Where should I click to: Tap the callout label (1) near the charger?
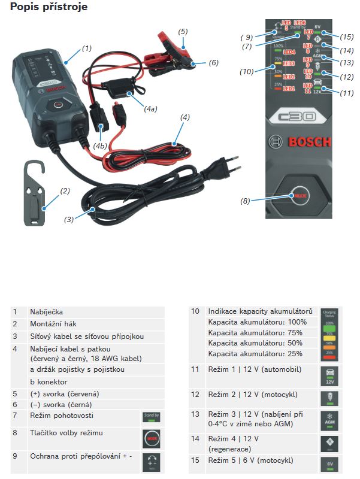(x=87, y=48)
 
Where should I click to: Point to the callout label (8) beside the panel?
(x=244, y=201)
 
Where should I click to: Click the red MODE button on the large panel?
(x=300, y=196)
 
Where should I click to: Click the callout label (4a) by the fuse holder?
(x=150, y=108)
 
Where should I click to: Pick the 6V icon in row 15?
(x=329, y=463)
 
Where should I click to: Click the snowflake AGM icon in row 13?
(x=329, y=419)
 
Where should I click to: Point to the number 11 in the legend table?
(x=195, y=369)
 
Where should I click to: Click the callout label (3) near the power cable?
(x=68, y=219)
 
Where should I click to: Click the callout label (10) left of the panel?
(x=246, y=72)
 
